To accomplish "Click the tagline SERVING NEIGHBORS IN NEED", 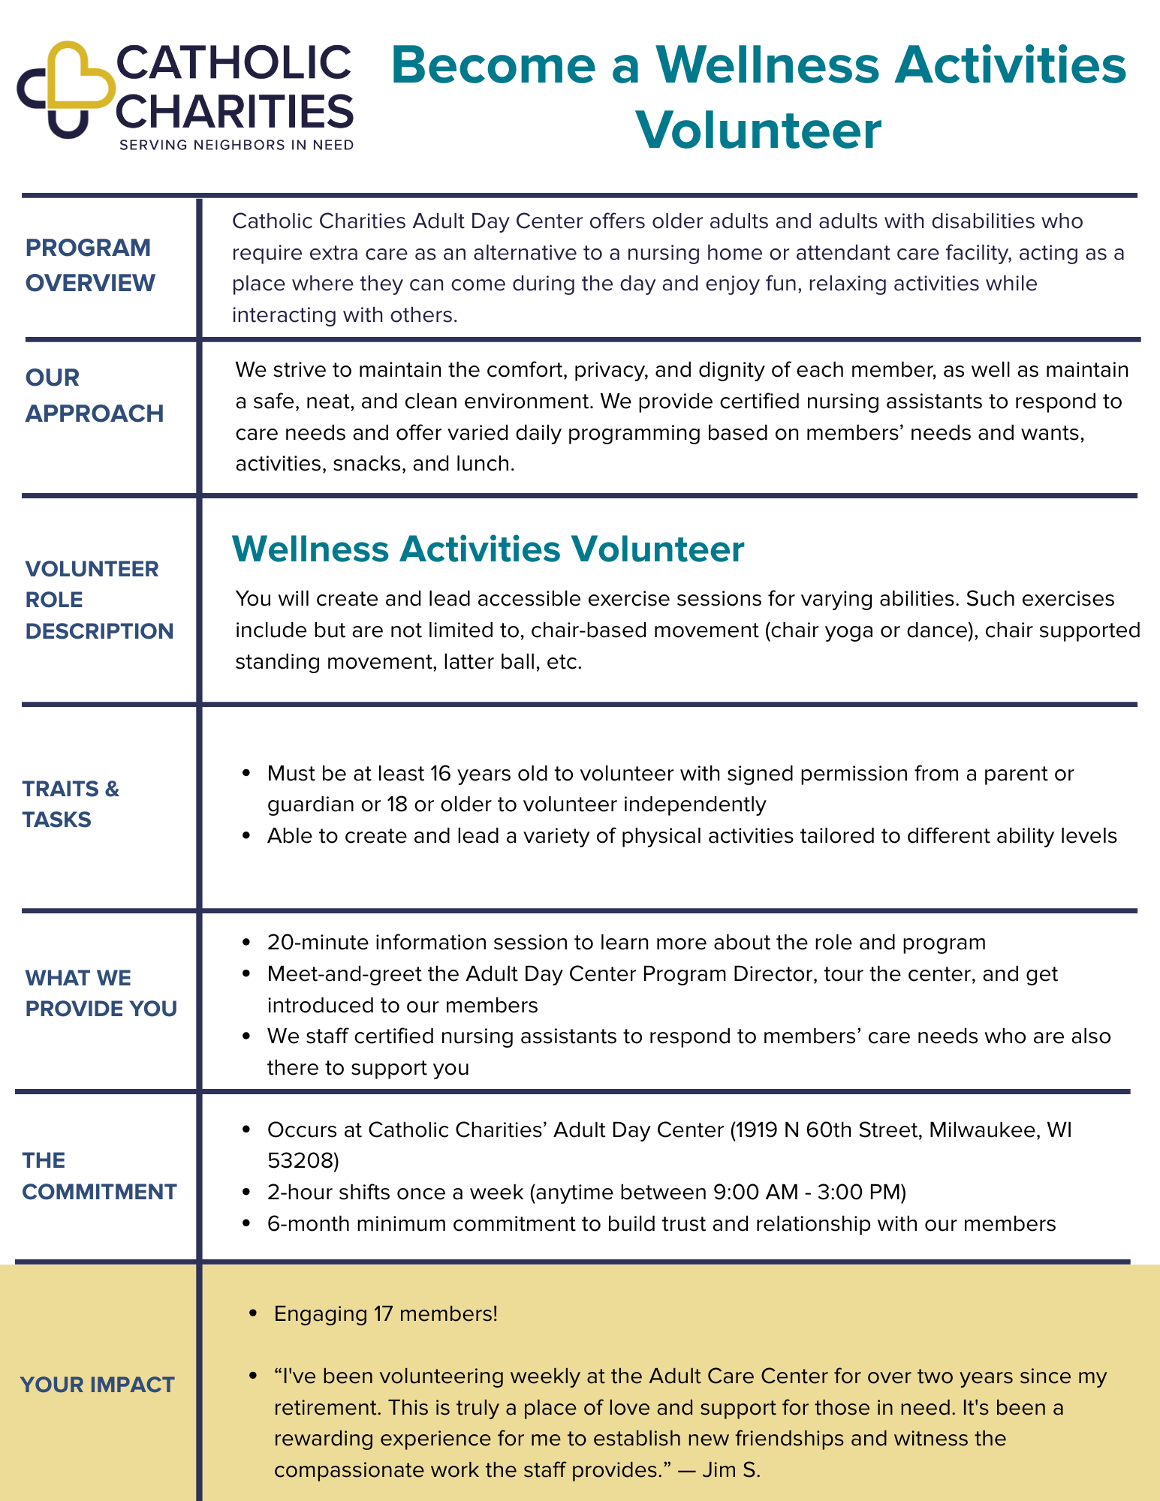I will pos(237,145).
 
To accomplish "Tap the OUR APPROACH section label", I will pos(94,396).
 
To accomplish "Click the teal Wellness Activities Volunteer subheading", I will pos(488,549).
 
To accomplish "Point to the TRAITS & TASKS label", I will pos(71,804).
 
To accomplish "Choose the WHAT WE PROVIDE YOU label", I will pos(101,993).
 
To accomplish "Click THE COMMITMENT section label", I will pos(99,1176).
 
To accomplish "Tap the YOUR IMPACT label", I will pos(97,1385).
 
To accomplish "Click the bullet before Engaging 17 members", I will pos(253,1314).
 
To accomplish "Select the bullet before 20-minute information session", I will pos(246,943).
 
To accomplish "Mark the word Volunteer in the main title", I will pos(758,130).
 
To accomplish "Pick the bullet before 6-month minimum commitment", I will pos(246,1224).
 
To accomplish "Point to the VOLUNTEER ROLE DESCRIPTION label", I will pos(99,600).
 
